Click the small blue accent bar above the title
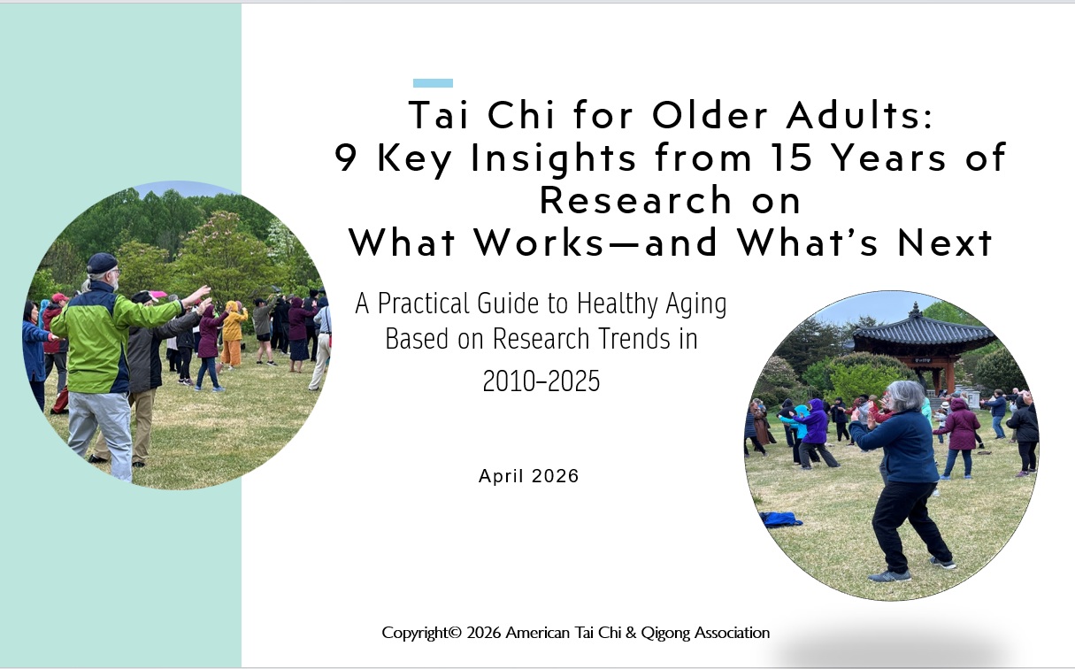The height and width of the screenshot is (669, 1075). (433, 83)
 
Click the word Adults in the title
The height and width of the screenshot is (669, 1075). (859, 115)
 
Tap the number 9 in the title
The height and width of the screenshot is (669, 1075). (345, 158)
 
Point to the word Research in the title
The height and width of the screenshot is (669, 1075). (635, 200)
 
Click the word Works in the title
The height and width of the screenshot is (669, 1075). (539, 242)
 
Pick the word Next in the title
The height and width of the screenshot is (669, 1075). (944, 242)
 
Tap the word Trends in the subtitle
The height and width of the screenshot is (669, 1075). (632, 339)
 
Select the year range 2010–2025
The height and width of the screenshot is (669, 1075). (541, 381)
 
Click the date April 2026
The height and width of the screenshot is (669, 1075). (529, 476)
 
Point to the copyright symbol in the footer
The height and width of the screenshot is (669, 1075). (455, 633)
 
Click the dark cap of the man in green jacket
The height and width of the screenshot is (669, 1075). (102, 263)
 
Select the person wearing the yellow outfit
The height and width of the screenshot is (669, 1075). (234, 334)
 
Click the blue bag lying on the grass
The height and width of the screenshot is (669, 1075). (779, 519)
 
